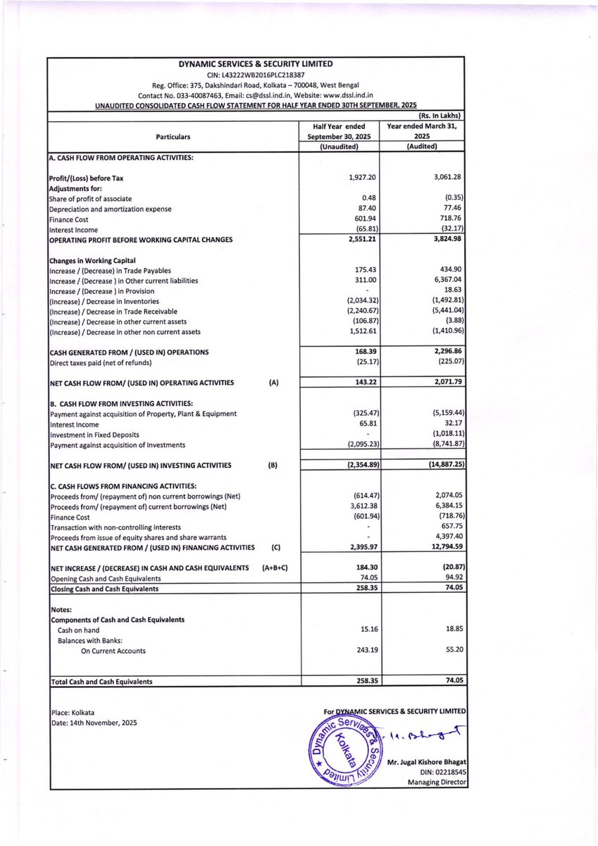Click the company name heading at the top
tap(256, 63)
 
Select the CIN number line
tap(256, 75)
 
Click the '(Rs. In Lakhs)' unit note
tap(441, 116)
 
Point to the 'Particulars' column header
tap(173, 137)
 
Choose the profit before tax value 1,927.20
tap(363, 178)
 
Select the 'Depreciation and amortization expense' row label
tap(110, 209)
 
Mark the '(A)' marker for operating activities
tap(274, 383)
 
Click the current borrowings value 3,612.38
tap(363, 507)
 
